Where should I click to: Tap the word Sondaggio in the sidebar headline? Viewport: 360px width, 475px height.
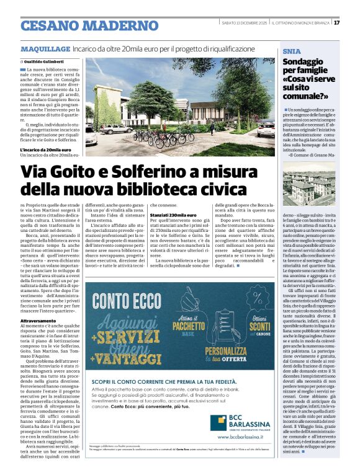point(304,62)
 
